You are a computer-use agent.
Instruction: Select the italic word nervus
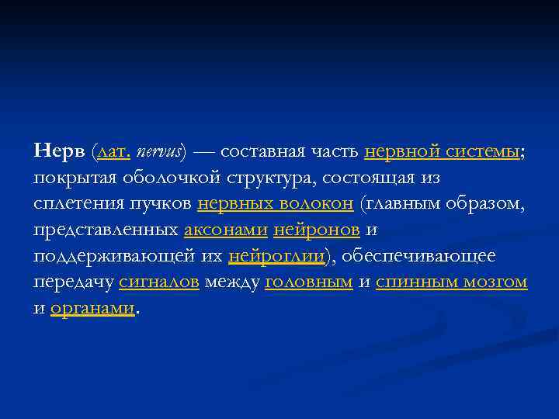(x=158, y=151)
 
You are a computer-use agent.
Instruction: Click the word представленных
(x=106, y=230)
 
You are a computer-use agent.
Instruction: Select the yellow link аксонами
(x=226, y=230)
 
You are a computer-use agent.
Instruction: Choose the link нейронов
(x=316, y=230)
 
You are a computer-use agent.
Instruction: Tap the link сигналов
(x=161, y=283)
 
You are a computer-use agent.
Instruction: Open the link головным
(x=309, y=283)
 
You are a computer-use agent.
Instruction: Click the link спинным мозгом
(x=451, y=283)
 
